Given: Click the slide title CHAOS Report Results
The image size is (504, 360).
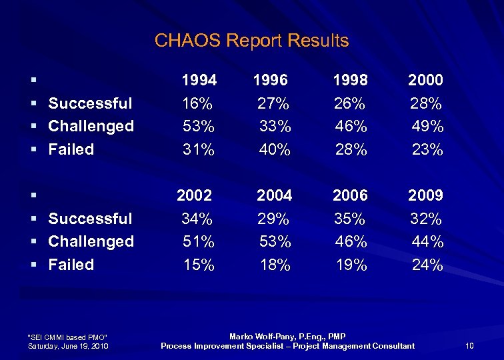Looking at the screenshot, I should point(251,41).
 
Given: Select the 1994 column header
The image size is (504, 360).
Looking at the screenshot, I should point(199,81).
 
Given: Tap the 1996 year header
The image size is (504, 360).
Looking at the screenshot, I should point(270,81).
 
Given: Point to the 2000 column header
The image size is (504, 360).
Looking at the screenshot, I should point(425,81).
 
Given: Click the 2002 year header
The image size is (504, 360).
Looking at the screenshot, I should point(194,195).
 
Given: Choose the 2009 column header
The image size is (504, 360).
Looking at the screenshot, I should point(425,195).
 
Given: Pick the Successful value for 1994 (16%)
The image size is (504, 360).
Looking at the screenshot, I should point(197,103).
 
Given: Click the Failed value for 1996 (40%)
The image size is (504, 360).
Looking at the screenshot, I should point(275,150).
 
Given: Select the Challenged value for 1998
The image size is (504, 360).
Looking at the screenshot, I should point(351,126).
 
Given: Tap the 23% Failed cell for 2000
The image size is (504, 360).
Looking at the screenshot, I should point(427,150).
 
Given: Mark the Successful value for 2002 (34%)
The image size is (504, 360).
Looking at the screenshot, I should point(197,219).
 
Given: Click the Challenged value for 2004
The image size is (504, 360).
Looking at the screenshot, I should point(275,241).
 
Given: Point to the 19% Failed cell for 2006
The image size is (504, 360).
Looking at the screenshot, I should point(351,265).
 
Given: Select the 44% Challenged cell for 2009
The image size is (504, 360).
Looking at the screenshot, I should point(427,241).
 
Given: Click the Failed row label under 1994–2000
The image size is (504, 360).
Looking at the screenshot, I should point(71,149).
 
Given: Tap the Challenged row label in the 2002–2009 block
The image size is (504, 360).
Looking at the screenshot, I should point(91,241).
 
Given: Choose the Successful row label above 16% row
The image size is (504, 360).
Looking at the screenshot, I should point(91,103).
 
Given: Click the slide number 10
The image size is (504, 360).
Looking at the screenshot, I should point(469,345).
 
